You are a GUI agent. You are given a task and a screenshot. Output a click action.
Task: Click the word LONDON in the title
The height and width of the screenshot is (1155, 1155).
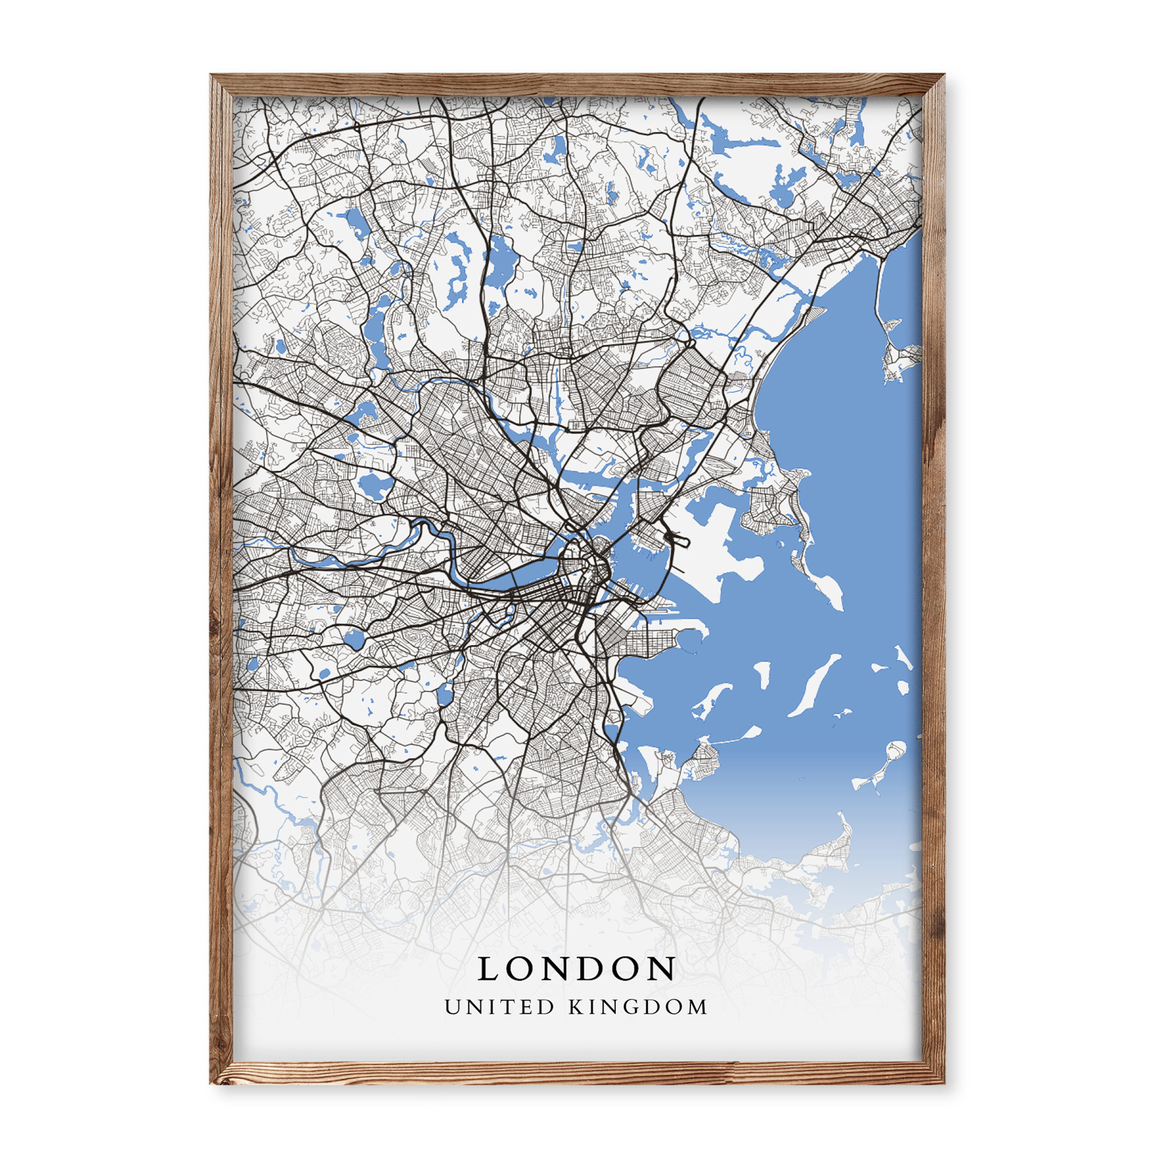(x=577, y=968)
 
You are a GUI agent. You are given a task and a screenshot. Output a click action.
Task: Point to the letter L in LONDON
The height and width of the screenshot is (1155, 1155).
(x=488, y=968)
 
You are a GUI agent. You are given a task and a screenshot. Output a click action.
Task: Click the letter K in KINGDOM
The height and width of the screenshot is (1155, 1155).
(x=576, y=1007)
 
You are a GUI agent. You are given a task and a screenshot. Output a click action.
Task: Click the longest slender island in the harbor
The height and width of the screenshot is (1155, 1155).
(x=814, y=685)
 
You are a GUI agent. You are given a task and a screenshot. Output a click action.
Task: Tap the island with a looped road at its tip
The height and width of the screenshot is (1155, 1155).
(x=895, y=750)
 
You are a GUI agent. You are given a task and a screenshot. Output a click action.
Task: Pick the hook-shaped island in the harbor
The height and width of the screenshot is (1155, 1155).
(x=711, y=699)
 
